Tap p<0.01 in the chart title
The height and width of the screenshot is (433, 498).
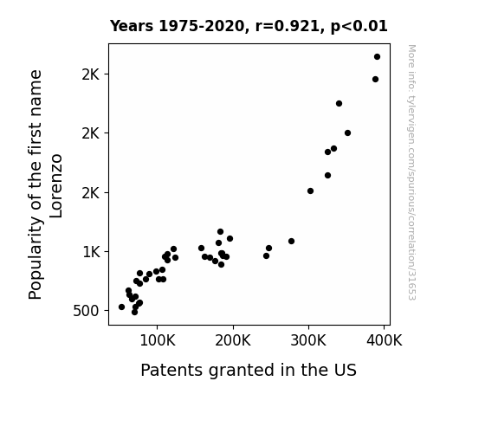[359, 27]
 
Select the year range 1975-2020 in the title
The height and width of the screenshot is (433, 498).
[201, 26]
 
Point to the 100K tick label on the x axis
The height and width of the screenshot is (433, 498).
[158, 340]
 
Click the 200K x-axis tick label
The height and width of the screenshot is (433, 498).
[233, 340]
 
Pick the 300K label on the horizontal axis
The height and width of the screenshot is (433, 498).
[308, 340]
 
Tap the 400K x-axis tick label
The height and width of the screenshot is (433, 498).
[385, 340]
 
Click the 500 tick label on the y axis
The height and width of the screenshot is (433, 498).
[86, 311]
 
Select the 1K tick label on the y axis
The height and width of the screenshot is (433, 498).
[91, 252]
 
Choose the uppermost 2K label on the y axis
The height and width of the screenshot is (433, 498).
[91, 74]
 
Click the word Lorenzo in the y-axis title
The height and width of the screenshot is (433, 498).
[56, 186]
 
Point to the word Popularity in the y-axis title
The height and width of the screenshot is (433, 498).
[36, 258]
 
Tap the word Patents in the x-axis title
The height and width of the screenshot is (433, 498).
[171, 370]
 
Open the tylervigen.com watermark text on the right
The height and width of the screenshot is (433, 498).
[411, 172]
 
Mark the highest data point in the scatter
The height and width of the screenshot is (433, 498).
[377, 57]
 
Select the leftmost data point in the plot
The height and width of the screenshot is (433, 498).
[121, 307]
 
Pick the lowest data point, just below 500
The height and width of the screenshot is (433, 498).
[134, 313]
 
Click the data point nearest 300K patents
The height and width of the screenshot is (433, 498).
[310, 191]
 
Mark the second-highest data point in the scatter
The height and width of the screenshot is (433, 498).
[375, 79]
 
